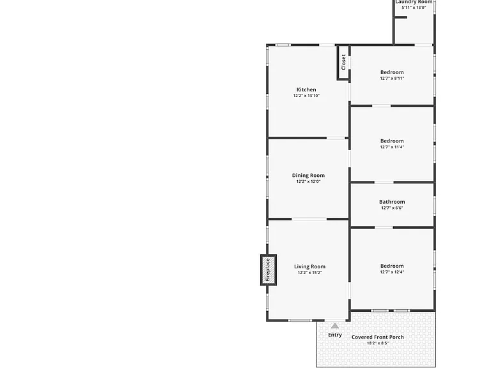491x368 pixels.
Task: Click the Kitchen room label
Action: [306, 90]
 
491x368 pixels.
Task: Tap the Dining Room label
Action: [308, 176]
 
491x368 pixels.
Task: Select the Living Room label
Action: [309, 266]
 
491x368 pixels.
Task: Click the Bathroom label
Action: [392, 202]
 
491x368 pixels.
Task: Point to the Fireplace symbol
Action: [269, 270]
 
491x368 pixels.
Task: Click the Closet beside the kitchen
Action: [343, 62]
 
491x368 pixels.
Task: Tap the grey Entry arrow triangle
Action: [335, 326]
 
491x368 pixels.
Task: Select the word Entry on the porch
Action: [335, 335]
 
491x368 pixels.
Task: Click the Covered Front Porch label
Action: [378, 337]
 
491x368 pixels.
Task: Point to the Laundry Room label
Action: [414, 2]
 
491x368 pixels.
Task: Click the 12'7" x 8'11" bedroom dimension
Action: [392, 79]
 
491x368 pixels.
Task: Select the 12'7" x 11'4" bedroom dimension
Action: [392, 147]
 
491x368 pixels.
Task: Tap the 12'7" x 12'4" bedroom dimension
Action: [392, 272]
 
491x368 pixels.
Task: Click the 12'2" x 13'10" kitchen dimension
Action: [306, 96]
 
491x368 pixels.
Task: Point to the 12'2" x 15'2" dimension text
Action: [309, 273]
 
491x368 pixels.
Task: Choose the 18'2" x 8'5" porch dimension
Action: [378, 343]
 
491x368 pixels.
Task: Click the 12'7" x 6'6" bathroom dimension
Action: [392, 208]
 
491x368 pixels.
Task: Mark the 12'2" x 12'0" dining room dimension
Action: [308, 181]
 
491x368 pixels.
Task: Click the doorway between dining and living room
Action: [309, 219]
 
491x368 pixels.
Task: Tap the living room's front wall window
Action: [300, 320]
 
